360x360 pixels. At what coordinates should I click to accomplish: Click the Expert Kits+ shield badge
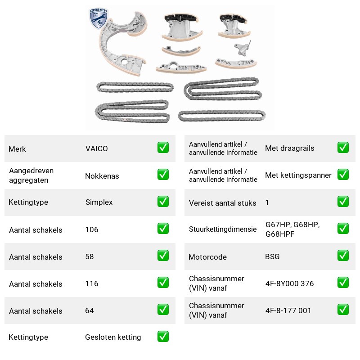tap(99, 18)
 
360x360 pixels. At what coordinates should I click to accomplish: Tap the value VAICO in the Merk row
tap(96, 148)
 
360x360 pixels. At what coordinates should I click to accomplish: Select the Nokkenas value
tap(102, 176)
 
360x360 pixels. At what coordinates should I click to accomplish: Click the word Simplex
tap(99, 202)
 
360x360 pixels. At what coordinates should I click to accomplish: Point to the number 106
tap(92, 229)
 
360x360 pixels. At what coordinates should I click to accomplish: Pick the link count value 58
tap(89, 256)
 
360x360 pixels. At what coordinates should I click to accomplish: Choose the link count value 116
tap(92, 283)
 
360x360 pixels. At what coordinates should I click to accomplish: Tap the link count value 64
tap(89, 310)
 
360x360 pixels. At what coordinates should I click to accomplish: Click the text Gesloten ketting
tap(113, 337)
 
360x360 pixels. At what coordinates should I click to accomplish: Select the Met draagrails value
tap(289, 148)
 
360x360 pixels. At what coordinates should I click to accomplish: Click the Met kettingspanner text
tap(298, 175)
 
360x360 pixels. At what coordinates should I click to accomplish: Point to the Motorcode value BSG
tap(272, 256)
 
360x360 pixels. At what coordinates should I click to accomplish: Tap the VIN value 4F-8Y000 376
tap(289, 283)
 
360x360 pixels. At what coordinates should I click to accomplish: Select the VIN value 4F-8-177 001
tap(288, 310)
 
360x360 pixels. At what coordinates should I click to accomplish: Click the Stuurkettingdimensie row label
tap(223, 229)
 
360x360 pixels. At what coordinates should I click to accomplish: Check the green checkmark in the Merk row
tap(163, 148)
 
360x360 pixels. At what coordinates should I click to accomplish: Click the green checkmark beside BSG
tap(343, 256)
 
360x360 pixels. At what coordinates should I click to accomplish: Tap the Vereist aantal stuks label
tap(222, 203)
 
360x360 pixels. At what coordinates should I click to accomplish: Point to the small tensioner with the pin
tap(243, 48)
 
